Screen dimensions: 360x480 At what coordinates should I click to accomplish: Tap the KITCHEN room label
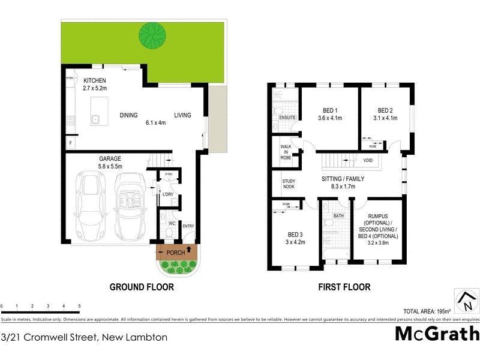(x=95, y=80)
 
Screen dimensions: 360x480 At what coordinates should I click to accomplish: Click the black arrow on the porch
(x=190, y=249)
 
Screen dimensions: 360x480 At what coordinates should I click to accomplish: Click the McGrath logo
(x=437, y=334)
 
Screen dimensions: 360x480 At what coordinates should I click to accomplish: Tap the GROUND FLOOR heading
(x=142, y=287)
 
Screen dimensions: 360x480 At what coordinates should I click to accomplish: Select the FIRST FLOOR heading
(x=344, y=287)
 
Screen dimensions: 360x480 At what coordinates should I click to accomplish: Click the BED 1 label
(x=331, y=110)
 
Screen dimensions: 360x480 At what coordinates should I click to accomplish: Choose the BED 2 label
(x=385, y=110)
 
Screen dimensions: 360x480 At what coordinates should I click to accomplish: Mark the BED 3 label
(x=294, y=235)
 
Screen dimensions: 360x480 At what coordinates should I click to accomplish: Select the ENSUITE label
(x=287, y=117)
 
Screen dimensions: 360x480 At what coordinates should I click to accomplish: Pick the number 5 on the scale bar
(x=79, y=307)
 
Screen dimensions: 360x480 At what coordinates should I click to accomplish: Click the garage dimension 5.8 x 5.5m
(x=110, y=166)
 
